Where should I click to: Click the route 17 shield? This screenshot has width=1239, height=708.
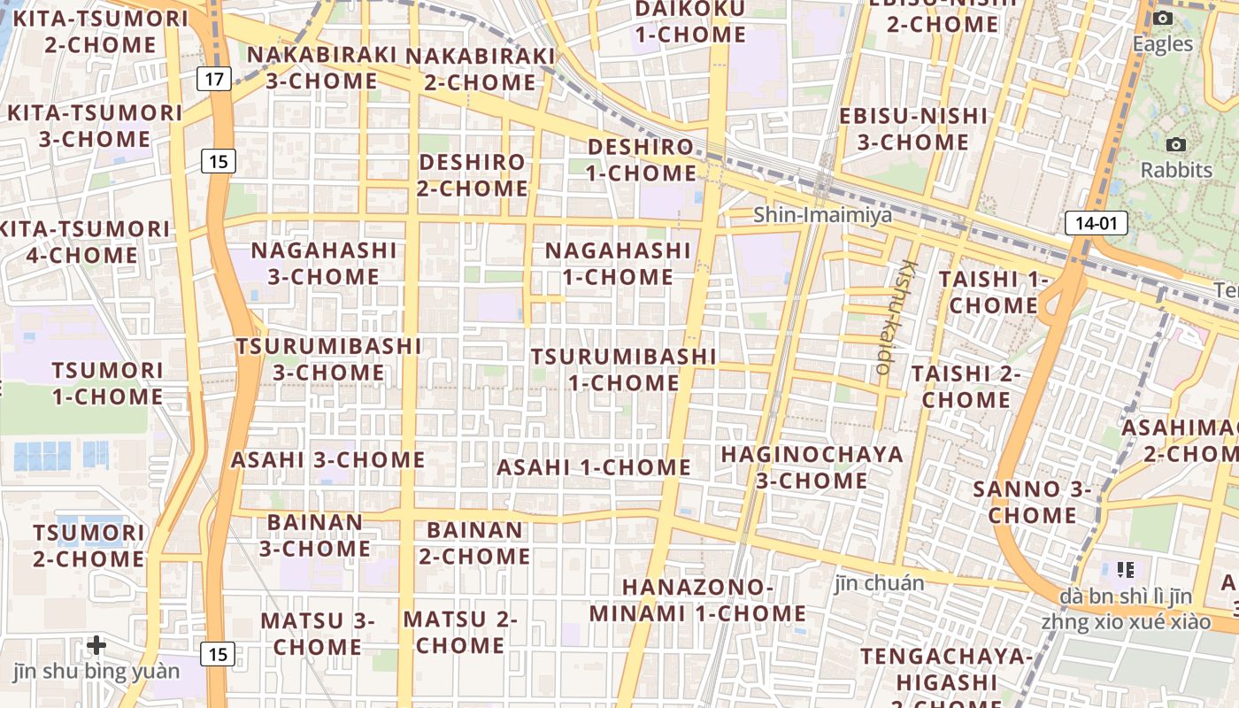point(213,80)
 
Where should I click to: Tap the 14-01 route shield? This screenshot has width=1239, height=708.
point(1096,223)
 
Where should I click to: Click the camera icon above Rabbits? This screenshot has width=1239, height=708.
point(1176,144)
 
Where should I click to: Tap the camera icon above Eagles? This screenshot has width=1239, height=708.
point(1163,19)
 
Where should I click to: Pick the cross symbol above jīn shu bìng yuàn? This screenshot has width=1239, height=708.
point(96,645)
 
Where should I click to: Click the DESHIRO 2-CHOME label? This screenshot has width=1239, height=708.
point(473,175)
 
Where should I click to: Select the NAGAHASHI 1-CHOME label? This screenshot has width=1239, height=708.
point(618,264)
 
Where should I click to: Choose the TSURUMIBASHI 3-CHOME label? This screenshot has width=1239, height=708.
point(328,358)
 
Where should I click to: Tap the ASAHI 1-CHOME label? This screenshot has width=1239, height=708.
point(594,467)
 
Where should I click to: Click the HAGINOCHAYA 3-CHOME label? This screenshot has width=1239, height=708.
point(812,467)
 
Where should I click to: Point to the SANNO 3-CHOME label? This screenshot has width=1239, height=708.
point(1032,502)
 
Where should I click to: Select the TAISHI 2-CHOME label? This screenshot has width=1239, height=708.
point(966,387)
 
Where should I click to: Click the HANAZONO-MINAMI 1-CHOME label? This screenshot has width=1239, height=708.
point(697,600)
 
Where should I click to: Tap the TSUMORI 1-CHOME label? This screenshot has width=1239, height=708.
point(107,383)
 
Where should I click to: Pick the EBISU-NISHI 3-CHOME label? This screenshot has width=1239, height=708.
point(913,128)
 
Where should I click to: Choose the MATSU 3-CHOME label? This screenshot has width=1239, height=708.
point(317,634)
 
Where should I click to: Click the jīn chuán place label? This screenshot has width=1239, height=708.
point(879,583)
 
